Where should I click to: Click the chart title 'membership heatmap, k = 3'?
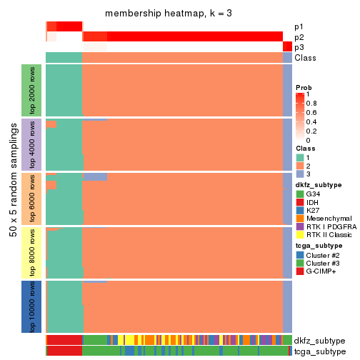click(x=169, y=14)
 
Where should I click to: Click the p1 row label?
click(x=299, y=27)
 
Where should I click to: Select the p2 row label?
click(x=299, y=37)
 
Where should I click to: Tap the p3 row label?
click(x=299, y=47)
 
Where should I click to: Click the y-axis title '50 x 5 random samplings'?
click(x=11, y=199)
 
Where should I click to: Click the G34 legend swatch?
click(x=300, y=194)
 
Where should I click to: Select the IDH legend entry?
click(x=311, y=203)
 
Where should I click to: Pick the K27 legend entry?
click(x=312, y=211)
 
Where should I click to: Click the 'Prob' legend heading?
click(x=304, y=87)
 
